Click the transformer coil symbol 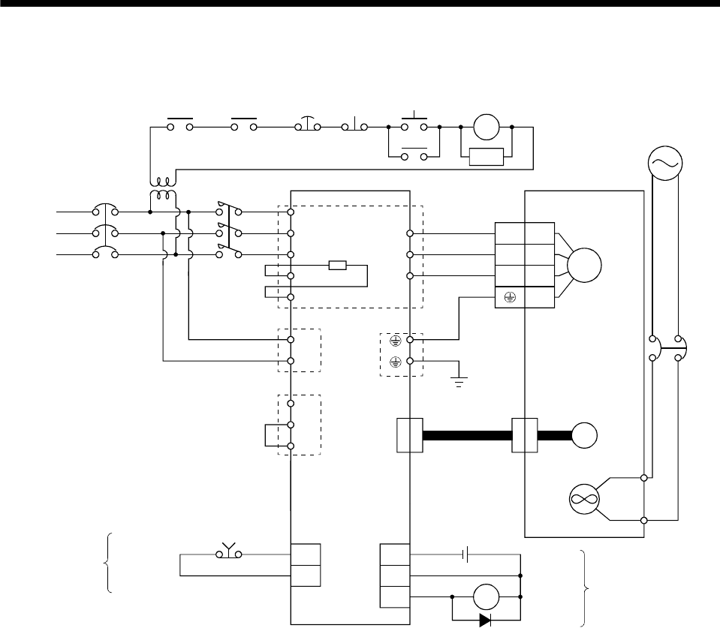tap(163, 188)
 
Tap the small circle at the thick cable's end tap(585, 435)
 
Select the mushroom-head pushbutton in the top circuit tap(309, 125)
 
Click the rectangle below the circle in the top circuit tap(486, 157)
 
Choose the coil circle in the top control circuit tap(486, 127)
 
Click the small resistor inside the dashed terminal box tap(336, 265)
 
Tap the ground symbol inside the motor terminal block tap(509, 296)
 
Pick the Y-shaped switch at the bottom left tap(227, 553)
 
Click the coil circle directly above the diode tap(485, 598)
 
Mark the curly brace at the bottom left tap(110, 562)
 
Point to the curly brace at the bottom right tap(585, 587)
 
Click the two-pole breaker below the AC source tap(666, 347)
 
